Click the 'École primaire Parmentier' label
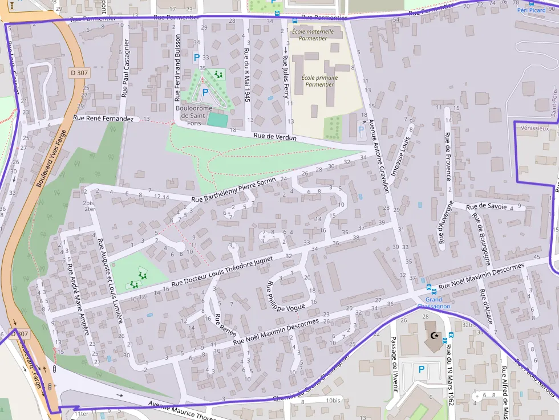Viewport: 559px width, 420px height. (319, 81)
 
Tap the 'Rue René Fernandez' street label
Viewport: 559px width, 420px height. (103, 118)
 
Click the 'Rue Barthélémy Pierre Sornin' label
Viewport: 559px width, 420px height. (233, 190)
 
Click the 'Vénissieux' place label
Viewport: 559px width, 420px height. (534, 128)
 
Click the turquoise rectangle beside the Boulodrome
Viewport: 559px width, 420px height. (217, 120)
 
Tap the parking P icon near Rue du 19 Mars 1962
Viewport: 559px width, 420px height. (422, 370)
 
